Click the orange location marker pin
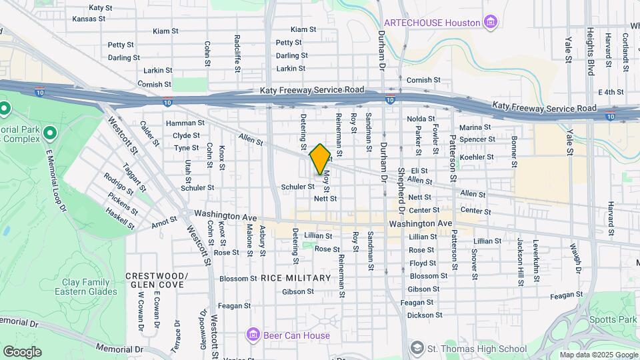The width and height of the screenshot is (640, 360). click(320, 159)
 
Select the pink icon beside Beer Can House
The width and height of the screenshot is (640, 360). click(252, 334)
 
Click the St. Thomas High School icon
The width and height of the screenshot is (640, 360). click(417, 348)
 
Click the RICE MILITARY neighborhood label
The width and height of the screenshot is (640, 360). click(295, 278)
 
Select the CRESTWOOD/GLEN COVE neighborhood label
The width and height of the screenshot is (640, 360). click(157, 280)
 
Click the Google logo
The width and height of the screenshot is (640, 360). click(22, 352)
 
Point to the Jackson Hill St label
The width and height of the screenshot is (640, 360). click(519, 262)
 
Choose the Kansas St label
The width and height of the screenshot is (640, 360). click(89, 19)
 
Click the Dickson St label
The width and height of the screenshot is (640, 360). click(425, 315)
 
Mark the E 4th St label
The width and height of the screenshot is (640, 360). click(609, 92)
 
